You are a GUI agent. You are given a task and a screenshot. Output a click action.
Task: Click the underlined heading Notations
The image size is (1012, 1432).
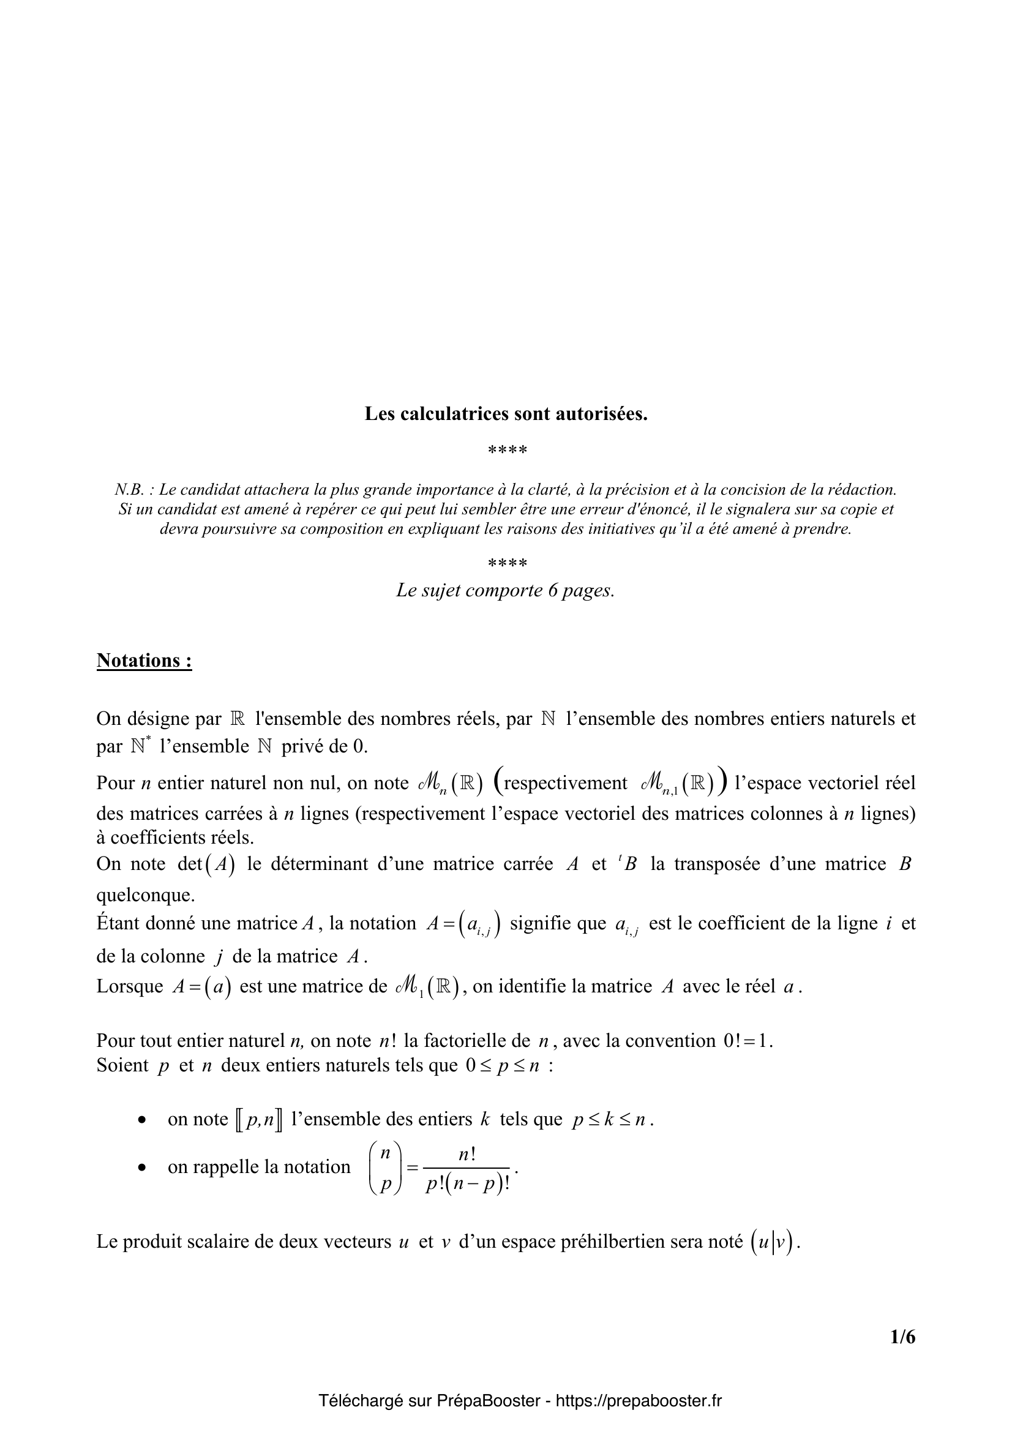[144, 661]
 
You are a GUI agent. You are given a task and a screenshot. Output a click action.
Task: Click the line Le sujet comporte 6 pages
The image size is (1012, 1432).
[506, 590]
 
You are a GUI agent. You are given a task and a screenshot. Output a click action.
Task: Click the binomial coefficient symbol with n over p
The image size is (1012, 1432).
[385, 1168]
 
